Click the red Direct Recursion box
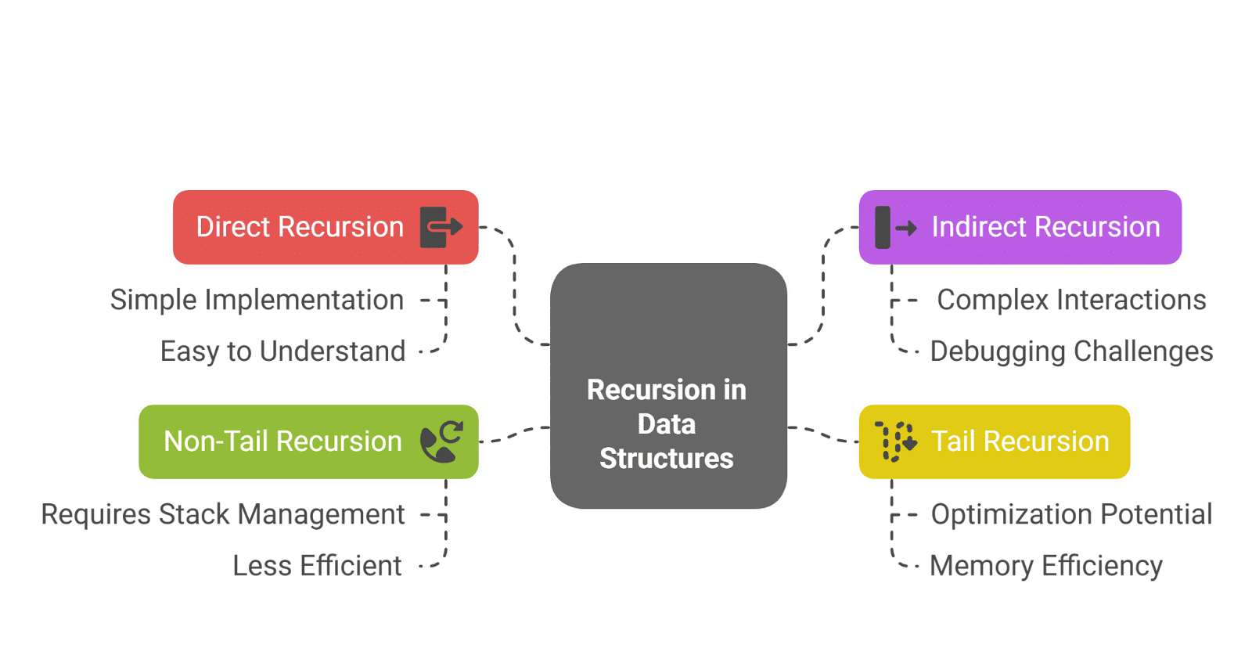click(326, 227)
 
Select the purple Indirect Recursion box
click(1020, 227)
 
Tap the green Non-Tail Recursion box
click(308, 441)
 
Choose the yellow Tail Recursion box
click(995, 441)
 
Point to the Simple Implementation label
click(257, 300)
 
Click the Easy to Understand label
click(283, 351)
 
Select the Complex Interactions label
click(1071, 300)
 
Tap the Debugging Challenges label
click(1071, 351)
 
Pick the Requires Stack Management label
click(223, 514)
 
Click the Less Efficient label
click(318, 566)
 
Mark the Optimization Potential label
click(1071, 514)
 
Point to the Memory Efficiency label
click(1045, 566)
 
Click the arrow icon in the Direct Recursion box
click(441, 227)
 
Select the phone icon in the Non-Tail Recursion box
click(441, 442)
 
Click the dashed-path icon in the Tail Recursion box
click(895, 441)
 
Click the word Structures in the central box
click(667, 459)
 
